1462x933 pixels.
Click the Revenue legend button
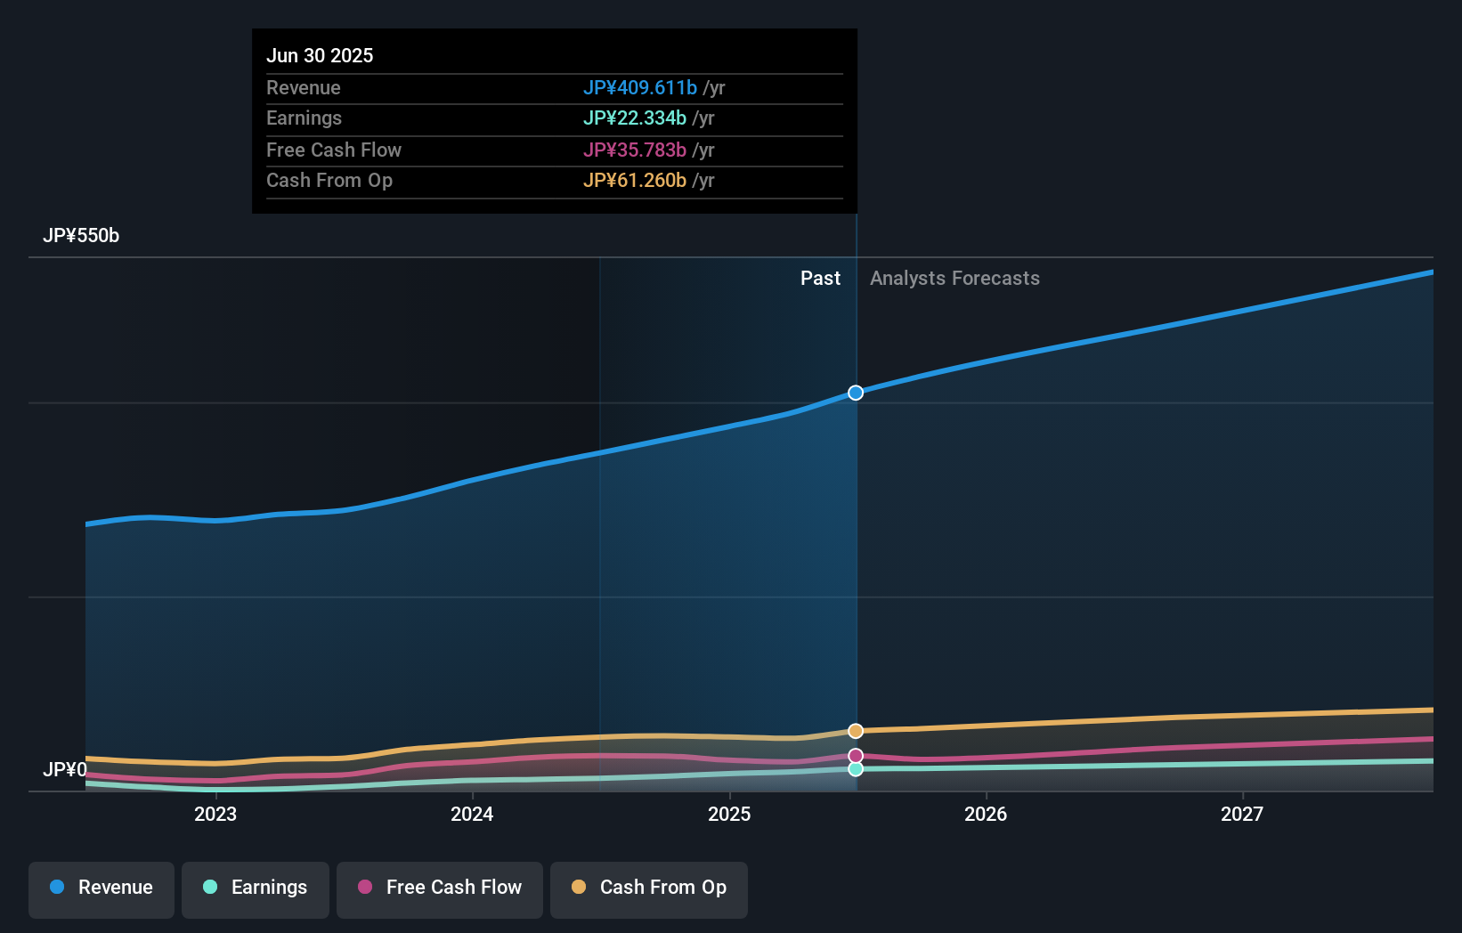[x=102, y=888]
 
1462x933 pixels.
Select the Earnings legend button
[x=256, y=888]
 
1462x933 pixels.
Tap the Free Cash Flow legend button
[x=440, y=888]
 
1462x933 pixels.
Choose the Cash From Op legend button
[x=649, y=888]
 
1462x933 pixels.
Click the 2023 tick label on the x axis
[x=215, y=814]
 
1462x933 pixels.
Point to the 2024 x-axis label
[x=472, y=814]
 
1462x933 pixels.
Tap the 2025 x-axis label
[x=729, y=814]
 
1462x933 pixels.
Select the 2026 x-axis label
[x=986, y=814]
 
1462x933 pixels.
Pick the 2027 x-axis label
[x=1242, y=814]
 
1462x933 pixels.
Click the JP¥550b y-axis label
[x=81, y=236]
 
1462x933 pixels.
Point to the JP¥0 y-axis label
[x=65, y=769]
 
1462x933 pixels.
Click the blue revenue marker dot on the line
[x=856, y=393]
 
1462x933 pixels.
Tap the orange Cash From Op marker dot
[x=856, y=731]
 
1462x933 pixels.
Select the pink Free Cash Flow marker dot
[x=856, y=756]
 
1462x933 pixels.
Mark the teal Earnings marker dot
[x=856, y=769]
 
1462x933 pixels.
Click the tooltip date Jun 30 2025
[x=320, y=55]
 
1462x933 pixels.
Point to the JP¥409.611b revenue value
[x=639, y=88]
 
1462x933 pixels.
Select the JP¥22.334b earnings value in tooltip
[x=634, y=118]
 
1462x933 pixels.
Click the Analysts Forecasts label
[x=954, y=279]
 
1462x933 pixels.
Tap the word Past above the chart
[x=820, y=279]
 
